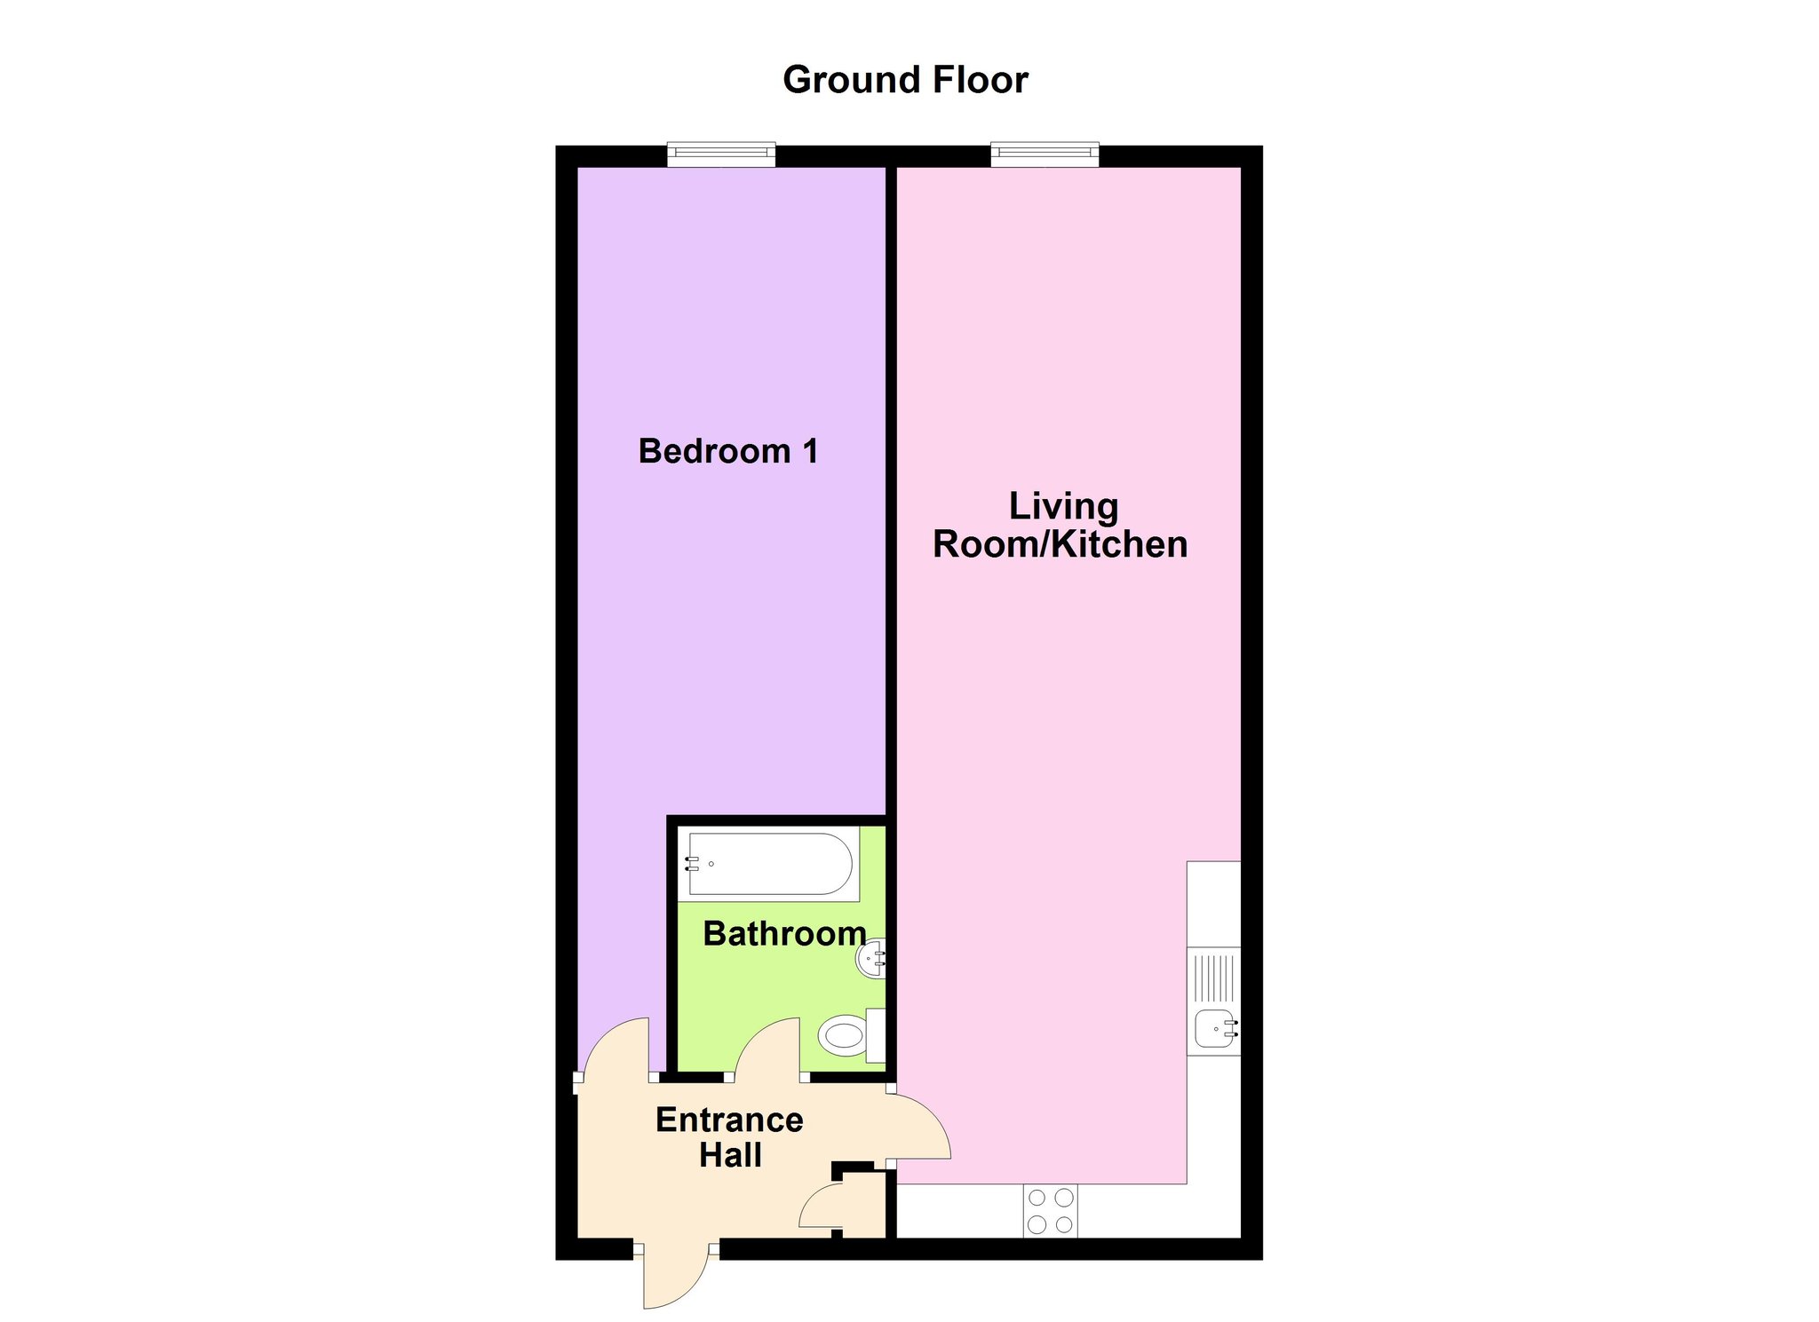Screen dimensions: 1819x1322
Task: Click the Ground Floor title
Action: click(905, 80)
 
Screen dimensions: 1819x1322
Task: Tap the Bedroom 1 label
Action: click(728, 451)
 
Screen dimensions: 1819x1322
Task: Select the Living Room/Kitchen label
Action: click(1060, 525)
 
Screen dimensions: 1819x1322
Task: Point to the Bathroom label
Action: click(784, 933)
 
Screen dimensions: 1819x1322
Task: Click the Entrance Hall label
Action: click(729, 1137)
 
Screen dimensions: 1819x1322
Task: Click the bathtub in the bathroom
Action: click(769, 864)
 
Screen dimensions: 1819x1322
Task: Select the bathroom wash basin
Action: click(871, 958)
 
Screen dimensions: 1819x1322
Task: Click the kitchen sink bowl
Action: click(1216, 1029)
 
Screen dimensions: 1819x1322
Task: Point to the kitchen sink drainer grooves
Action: click(1214, 977)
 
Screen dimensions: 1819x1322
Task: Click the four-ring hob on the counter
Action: click(1051, 1212)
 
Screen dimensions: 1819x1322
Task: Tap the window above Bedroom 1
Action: click(721, 154)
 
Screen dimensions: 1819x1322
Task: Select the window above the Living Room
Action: click(1045, 154)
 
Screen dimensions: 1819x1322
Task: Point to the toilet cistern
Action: click(876, 1035)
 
